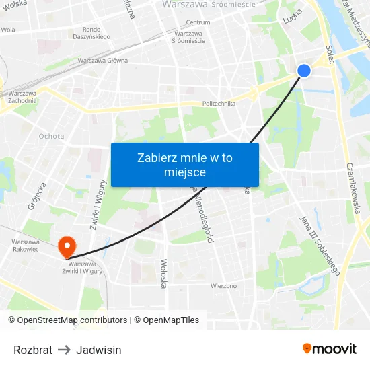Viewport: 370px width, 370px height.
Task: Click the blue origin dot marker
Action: tap(304, 70)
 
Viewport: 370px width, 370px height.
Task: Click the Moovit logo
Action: tap(330, 348)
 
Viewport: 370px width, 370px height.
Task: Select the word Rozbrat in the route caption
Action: tap(33, 350)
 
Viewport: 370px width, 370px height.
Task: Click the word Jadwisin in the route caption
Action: tap(99, 350)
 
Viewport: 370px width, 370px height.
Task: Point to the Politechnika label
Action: tap(219, 104)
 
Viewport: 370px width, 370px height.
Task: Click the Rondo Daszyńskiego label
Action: tap(96, 33)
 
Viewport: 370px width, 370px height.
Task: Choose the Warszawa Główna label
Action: tap(102, 60)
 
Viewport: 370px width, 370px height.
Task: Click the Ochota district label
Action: tap(52, 136)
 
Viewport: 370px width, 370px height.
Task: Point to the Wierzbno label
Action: tap(223, 285)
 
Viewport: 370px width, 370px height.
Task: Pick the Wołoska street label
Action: tap(163, 273)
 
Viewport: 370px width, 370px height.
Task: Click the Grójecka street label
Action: tap(36, 196)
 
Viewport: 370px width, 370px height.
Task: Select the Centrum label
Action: tap(198, 22)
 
